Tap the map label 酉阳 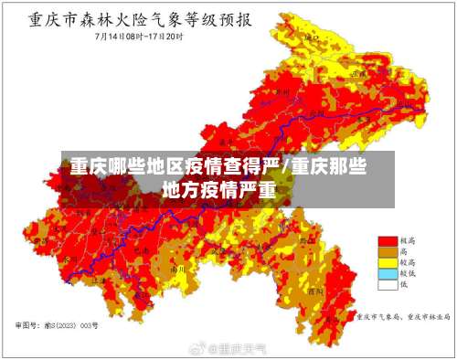(315, 291)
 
